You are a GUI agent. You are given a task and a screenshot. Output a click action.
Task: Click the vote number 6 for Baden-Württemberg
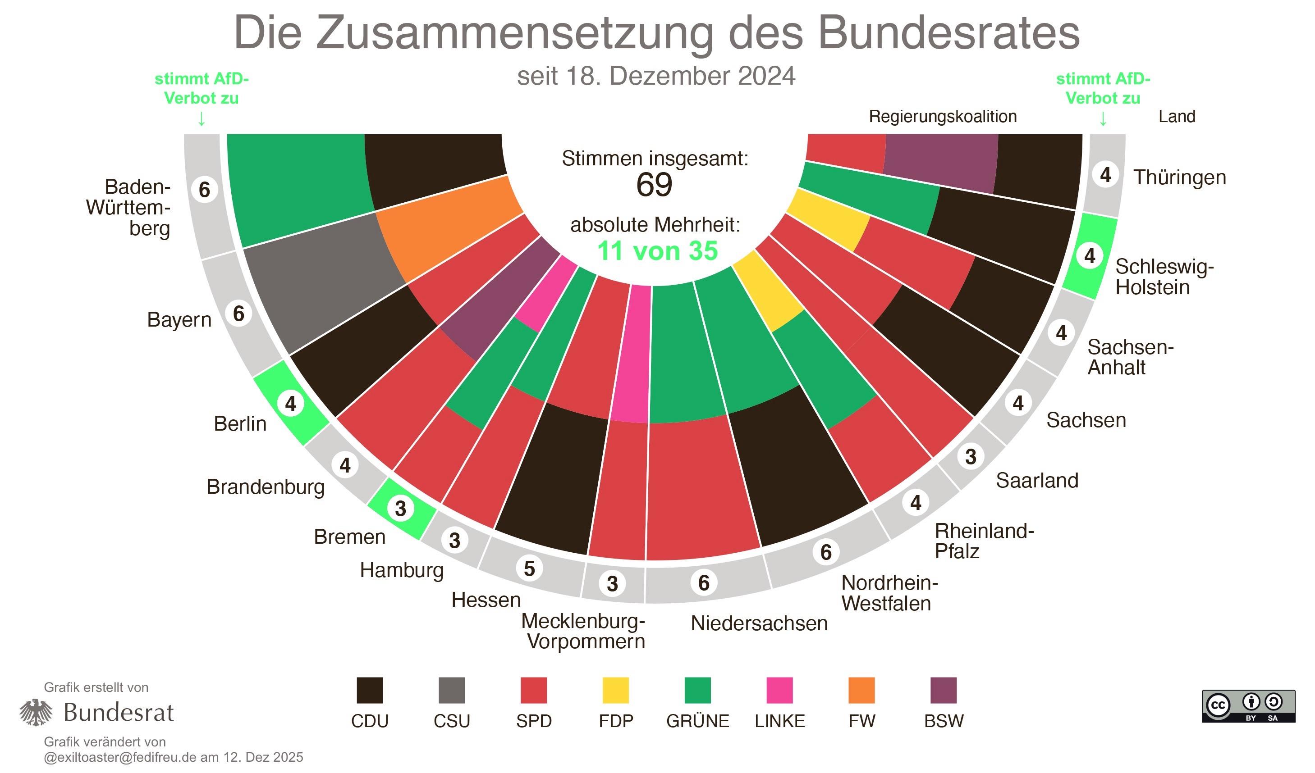204,189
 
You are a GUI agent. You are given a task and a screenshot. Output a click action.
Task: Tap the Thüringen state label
1179,177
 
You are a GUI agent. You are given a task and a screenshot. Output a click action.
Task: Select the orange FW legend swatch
861,690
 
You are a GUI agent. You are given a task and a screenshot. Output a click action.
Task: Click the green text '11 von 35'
657,251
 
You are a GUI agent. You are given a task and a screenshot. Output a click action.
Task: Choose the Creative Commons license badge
1248,706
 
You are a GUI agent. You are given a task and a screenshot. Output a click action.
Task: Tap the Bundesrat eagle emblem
36,712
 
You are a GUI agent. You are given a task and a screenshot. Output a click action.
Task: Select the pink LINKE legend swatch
779,690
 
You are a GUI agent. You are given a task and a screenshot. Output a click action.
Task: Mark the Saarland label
1036,480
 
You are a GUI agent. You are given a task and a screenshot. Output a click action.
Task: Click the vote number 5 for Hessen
529,568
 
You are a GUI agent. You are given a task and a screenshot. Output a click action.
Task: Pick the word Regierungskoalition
943,116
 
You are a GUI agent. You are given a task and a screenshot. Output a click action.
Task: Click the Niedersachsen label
759,623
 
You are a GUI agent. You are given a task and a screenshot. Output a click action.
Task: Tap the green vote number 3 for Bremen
400,509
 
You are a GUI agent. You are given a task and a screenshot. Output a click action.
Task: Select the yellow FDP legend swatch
615,690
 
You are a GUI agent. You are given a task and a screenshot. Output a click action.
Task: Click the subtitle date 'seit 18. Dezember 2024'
656,76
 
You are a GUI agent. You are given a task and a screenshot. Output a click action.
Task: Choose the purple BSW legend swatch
943,690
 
